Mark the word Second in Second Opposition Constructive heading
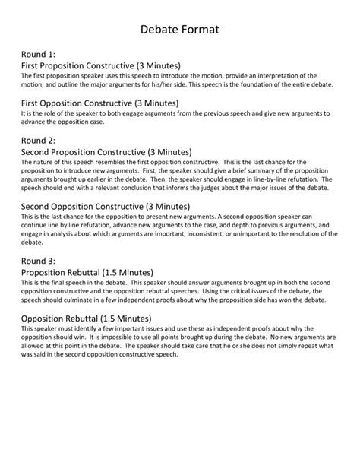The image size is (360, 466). pyautogui.click(x=38, y=206)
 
